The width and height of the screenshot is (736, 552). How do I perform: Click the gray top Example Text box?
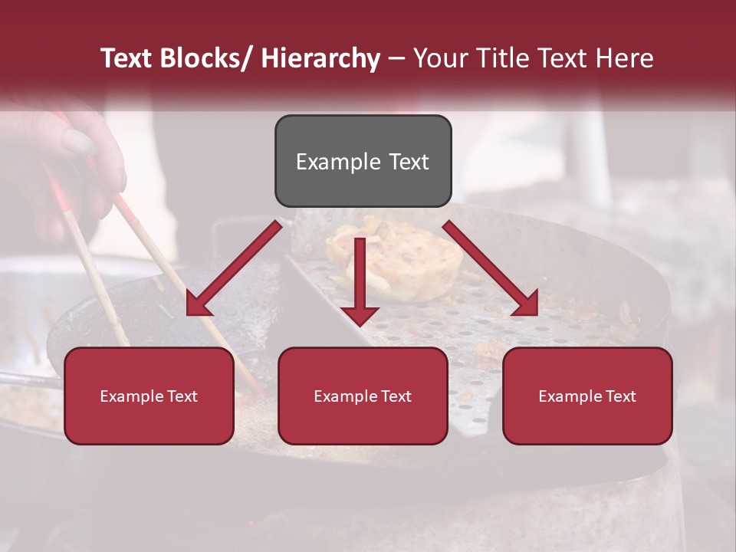pyautogui.click(x=363, y=161)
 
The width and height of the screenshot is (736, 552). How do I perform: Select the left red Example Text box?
pyautogui.click(x=149, y=396)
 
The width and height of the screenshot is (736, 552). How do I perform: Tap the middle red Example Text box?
pyautogui.click(x=363, y=396)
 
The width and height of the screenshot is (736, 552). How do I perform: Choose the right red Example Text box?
pyautogui.click(x=587, y=396)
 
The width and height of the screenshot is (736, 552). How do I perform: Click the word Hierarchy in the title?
pyautogui.click(x=320, y=58)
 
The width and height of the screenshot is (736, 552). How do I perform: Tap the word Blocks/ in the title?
pyautogui.click(x=206, y=58)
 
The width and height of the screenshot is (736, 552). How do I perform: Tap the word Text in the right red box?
pyautogui.click(x=620, y=396)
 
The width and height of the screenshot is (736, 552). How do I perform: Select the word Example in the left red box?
pyautogui.click(x=132, y=396)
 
